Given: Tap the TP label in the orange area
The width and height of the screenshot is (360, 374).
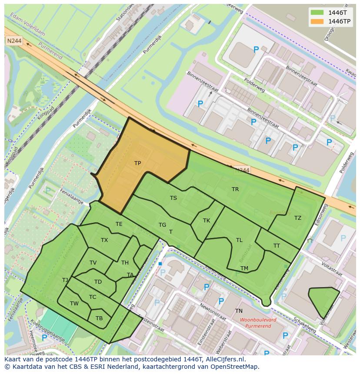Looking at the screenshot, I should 137,163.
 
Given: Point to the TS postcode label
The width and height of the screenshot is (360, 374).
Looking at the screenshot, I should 173,198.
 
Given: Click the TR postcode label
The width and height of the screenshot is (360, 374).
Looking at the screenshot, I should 235,189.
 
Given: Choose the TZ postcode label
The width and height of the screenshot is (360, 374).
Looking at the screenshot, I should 297,218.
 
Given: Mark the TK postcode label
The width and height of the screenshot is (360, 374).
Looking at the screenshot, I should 207,221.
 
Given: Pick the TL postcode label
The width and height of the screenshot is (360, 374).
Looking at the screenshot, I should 239,240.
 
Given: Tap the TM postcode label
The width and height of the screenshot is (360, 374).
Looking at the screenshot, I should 244,268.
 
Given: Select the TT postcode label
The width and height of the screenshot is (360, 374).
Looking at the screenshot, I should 277,246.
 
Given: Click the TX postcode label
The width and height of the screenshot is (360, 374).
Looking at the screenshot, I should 104,240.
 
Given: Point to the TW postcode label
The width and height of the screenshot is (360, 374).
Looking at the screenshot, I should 74,304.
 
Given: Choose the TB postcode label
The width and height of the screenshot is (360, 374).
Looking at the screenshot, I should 99,318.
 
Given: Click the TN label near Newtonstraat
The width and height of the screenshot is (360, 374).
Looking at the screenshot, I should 239,311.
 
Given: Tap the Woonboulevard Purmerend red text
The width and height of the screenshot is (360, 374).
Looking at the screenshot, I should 258,323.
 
